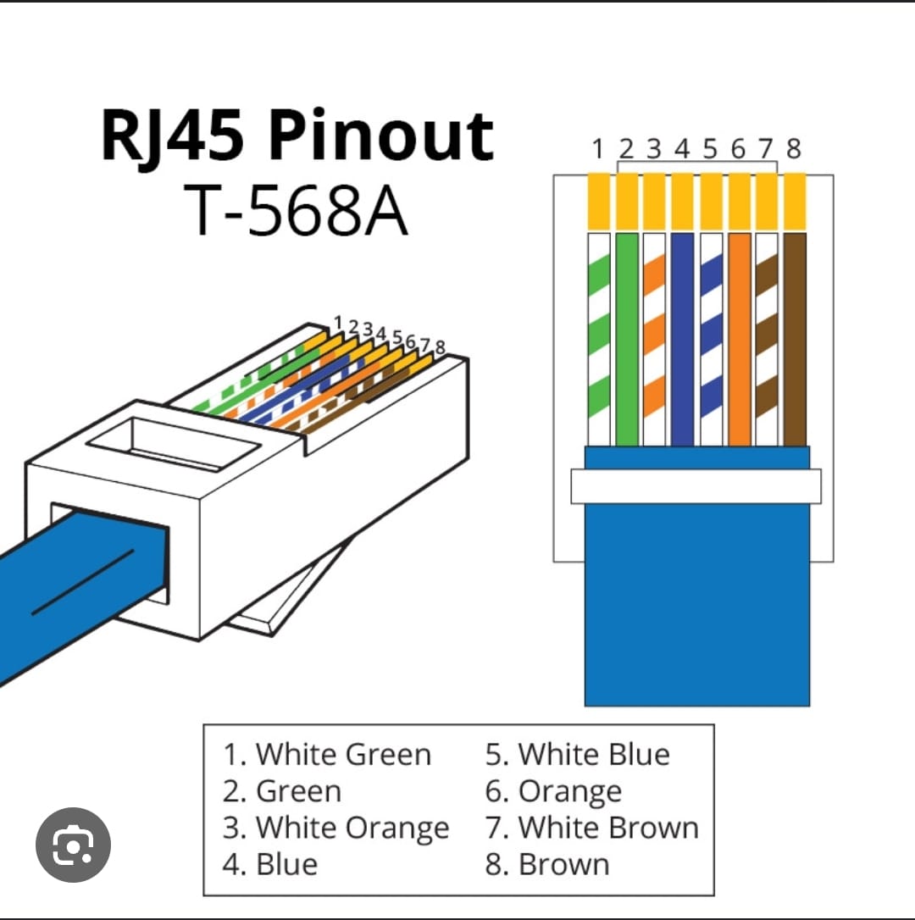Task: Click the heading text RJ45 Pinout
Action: point(297,136)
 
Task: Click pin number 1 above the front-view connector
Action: point(598,150)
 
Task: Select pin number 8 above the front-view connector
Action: point(794,150)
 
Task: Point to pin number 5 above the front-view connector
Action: point(710,150)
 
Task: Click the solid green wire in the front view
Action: point(627,339)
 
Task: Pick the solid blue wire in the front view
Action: point(682,339)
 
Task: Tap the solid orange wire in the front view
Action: point(739,339)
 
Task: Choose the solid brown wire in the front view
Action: point(795,339)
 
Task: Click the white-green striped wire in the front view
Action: point(599,339)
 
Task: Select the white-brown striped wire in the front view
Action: point(767,339)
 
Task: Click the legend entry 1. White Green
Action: point(327,754)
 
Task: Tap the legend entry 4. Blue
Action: point(270,864)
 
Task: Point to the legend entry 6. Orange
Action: point(553,791)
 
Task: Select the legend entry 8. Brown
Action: point(547,864)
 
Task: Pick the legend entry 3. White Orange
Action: point(335,828)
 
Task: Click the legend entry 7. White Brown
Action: point(592,828)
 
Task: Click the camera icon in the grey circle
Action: point(73,845)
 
